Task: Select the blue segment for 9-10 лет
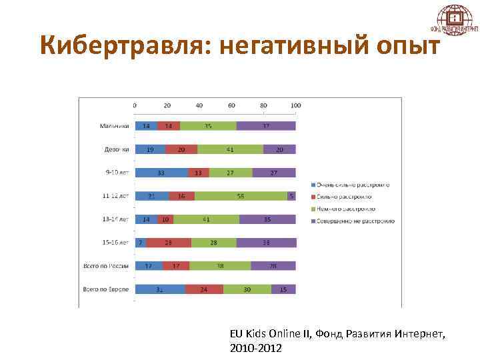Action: click(161, 173)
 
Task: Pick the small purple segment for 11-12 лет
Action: click(291, 196)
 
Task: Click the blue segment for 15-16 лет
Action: click(141, 243)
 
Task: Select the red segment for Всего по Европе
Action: click(204, 289)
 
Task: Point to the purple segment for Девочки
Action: click(279, 149)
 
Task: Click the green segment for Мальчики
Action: click(208, 126)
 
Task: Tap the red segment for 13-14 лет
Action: click(165, 219)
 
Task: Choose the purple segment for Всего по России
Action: click(273, 266)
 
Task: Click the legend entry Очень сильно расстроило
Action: click(353, 185)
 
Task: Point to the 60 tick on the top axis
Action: click(231, 105)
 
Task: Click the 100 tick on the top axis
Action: click(295, 105)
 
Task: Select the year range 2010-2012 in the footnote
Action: click(255, 347)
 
